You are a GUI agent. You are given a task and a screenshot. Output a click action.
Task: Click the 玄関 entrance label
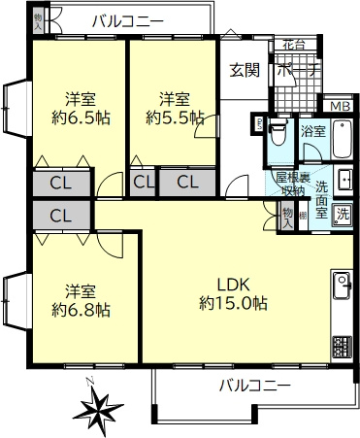click(x=243, y=70)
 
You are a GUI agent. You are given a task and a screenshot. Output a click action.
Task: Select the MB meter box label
click(x=337, y=107)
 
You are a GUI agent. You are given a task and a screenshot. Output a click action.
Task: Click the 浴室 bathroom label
click(x=312, y=130)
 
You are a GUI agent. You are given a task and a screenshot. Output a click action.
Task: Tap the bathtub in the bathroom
click(x=344, y=141)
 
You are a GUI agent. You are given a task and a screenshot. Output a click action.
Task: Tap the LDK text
click(x=234, y=285)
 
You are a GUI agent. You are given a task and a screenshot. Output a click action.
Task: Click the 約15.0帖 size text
click(x=233, y=303)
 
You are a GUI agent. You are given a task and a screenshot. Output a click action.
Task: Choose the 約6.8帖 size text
click(x=80, y=310)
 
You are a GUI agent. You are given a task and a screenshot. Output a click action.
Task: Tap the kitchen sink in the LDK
click(x=344, y=288)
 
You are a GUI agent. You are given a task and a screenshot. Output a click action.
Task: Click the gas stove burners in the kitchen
click(x=344, y=345)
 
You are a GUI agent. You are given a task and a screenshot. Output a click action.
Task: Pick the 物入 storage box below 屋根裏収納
click(x=287, y=216)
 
